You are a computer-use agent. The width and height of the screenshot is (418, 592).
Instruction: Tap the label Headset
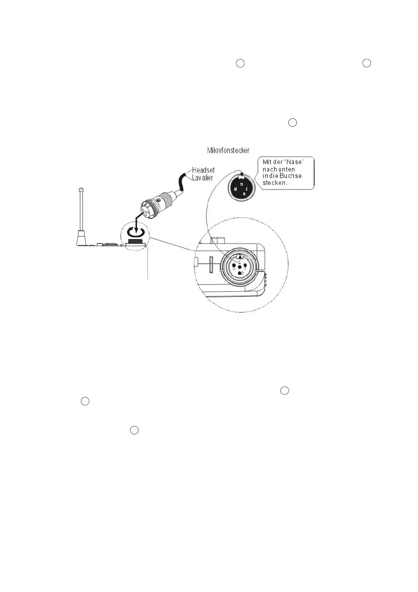203,169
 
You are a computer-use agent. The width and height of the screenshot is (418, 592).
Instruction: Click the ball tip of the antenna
80,188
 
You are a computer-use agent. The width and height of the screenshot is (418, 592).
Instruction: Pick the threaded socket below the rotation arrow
134,243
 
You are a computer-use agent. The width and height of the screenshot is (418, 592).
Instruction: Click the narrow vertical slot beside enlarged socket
210,265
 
